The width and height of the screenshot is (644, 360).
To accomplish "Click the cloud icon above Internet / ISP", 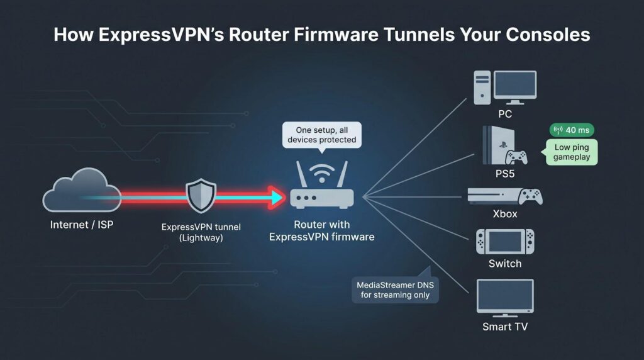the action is click(82, 190).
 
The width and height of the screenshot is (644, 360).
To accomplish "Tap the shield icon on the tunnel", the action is click(201, 196).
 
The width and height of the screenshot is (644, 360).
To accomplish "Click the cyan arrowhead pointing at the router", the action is click(277, 197).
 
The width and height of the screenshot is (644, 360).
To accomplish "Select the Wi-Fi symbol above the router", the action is click(322, 173).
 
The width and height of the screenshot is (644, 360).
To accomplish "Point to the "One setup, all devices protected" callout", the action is click(322, 135).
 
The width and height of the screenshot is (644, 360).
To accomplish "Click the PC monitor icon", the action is click(515, 87).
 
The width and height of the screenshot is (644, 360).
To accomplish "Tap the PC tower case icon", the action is click(482, 87).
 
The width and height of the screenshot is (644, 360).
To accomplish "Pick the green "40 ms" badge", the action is click(572, 130).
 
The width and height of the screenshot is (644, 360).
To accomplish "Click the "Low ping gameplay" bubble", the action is click(571, 152).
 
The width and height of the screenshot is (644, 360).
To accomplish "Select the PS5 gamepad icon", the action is click(516, 157).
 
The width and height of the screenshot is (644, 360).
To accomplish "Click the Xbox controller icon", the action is click(530, 196).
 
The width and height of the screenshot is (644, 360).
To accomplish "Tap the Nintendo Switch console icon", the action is click(505, 242).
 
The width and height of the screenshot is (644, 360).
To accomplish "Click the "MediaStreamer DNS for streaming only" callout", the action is click(395, 290).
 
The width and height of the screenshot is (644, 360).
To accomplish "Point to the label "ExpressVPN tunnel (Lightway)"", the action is click(201, 232).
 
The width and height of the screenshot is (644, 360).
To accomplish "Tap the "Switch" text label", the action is click(505, 264).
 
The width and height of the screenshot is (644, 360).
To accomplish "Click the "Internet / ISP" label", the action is click(82, 225).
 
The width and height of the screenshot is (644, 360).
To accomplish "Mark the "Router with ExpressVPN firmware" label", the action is click(321, 230).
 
